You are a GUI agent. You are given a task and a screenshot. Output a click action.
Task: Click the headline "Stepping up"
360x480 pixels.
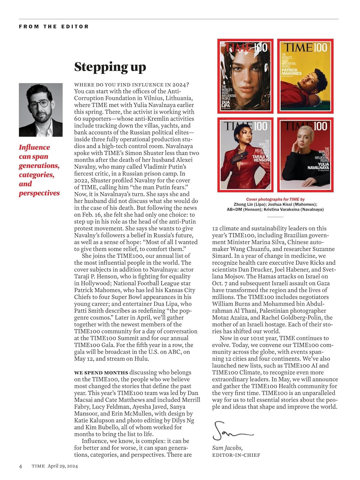(x=110, y=67)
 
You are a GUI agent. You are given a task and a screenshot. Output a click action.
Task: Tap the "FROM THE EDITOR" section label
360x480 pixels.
(x=54, y=27)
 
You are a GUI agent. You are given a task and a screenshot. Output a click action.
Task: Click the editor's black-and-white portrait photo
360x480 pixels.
(x=41, y=110)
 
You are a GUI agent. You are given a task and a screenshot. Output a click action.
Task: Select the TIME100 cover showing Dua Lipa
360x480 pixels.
(x=245, y=76)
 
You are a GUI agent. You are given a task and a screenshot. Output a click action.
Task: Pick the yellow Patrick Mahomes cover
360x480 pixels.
(x=305, y=76)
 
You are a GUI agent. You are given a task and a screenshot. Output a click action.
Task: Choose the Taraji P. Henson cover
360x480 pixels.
(x=245, y=155)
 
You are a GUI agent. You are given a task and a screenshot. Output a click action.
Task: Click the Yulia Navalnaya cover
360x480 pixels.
(x=305, y=155)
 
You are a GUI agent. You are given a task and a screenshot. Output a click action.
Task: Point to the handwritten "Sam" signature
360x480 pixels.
(x=231, y=432)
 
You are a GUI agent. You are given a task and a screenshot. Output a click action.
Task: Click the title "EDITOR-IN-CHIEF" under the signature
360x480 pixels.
(x=236, y=455)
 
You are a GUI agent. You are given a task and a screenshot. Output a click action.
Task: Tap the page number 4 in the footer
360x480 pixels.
(x=20, y=466)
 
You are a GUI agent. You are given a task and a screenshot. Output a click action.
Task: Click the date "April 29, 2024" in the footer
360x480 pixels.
(x=63, y=466)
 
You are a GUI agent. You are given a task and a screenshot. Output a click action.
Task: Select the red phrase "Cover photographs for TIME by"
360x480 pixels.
(x=275, y=199)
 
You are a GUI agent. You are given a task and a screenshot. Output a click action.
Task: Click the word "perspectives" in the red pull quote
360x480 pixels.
(x=39, y=193)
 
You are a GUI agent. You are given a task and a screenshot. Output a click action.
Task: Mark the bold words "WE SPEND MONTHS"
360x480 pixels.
(x=101, y=372)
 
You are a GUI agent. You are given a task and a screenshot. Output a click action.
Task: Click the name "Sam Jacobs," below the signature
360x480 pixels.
(x=227, y=448)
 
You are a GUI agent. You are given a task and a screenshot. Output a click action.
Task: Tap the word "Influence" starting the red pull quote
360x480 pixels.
(x=35, y=147)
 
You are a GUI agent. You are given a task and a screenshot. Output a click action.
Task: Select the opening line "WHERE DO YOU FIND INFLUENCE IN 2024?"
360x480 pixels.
(x=131, y=84)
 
